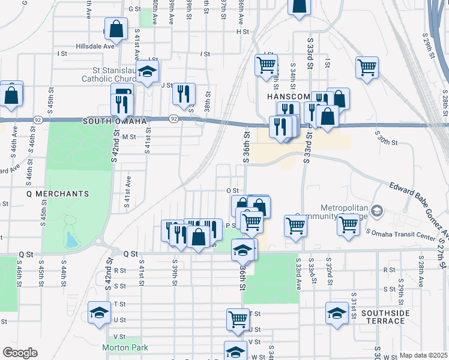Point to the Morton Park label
[x=125, y=347]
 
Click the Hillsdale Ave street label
[x=95, y=46]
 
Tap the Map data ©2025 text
[x=423, y=355]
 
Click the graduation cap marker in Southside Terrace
[x=337, y=313]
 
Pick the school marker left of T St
[x=100, y=313]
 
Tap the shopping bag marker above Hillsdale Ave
[x=116, y=28]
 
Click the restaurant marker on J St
[x=184, y=93]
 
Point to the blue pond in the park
[x=72, y=240]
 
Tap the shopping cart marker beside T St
[x=238, y=319]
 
